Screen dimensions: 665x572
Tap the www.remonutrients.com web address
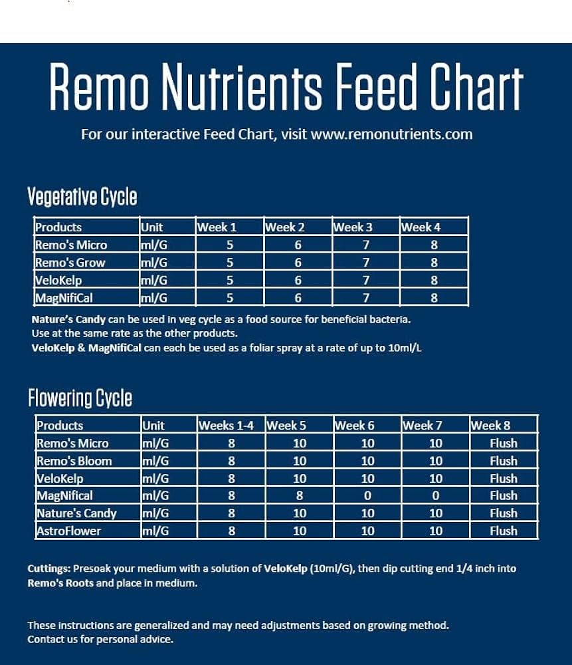[391, 134]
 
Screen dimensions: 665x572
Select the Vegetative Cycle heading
[82, 197]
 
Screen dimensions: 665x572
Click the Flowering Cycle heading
[80, 398]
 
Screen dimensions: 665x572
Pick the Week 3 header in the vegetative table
[353, 227]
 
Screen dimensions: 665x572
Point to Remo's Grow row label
[70, 262]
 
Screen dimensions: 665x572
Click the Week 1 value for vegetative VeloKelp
[230, 280]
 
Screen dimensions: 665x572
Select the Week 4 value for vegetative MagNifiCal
[434, 297]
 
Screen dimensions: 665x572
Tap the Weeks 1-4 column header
[226, 426]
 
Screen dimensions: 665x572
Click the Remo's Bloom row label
[74, 461]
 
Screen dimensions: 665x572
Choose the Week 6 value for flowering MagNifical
[367, 495]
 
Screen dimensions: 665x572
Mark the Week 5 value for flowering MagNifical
[300, 495]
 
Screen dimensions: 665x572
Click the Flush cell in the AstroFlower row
[504, 531]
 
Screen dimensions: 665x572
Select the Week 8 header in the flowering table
[490, 426]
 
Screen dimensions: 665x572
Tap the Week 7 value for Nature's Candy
[436, 513]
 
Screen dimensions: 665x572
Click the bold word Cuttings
[48, 569]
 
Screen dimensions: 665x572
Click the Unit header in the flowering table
[153, 426]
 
